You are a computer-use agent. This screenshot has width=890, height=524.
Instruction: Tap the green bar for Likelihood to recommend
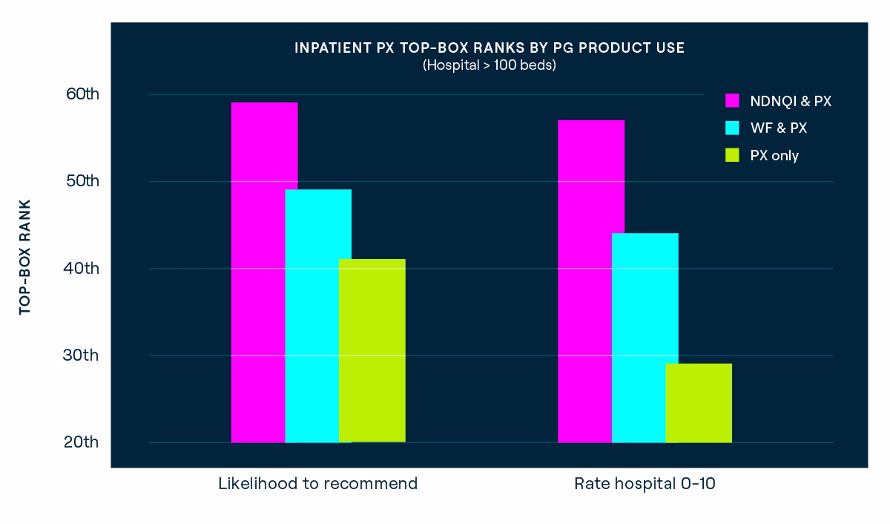tap(372, 350)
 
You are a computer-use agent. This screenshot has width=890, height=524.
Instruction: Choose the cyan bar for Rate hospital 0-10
tap(645, 338)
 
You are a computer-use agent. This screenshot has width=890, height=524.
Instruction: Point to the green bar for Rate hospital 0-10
tap(699, 403)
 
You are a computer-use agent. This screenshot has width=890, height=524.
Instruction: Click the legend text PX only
tap(775, 155)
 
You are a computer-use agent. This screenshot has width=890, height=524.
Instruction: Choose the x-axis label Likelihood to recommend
tap(317, 484)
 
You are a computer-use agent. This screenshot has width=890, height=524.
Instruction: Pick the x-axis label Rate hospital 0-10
tap(645, 484)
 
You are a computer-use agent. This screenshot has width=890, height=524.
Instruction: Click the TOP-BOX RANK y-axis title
tap(25, 257)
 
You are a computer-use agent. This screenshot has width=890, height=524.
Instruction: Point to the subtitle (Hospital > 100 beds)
tap(489, 65)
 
